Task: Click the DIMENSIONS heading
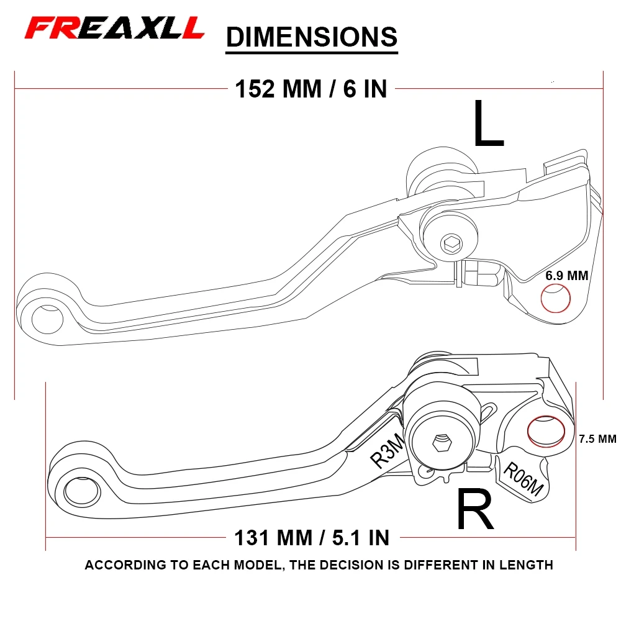(311, 37)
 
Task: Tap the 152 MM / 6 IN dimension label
(310, 89)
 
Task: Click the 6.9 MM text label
(566, 275)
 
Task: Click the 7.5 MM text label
(597, 439)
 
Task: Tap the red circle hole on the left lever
(556, 298)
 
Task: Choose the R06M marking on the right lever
(523, 481)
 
